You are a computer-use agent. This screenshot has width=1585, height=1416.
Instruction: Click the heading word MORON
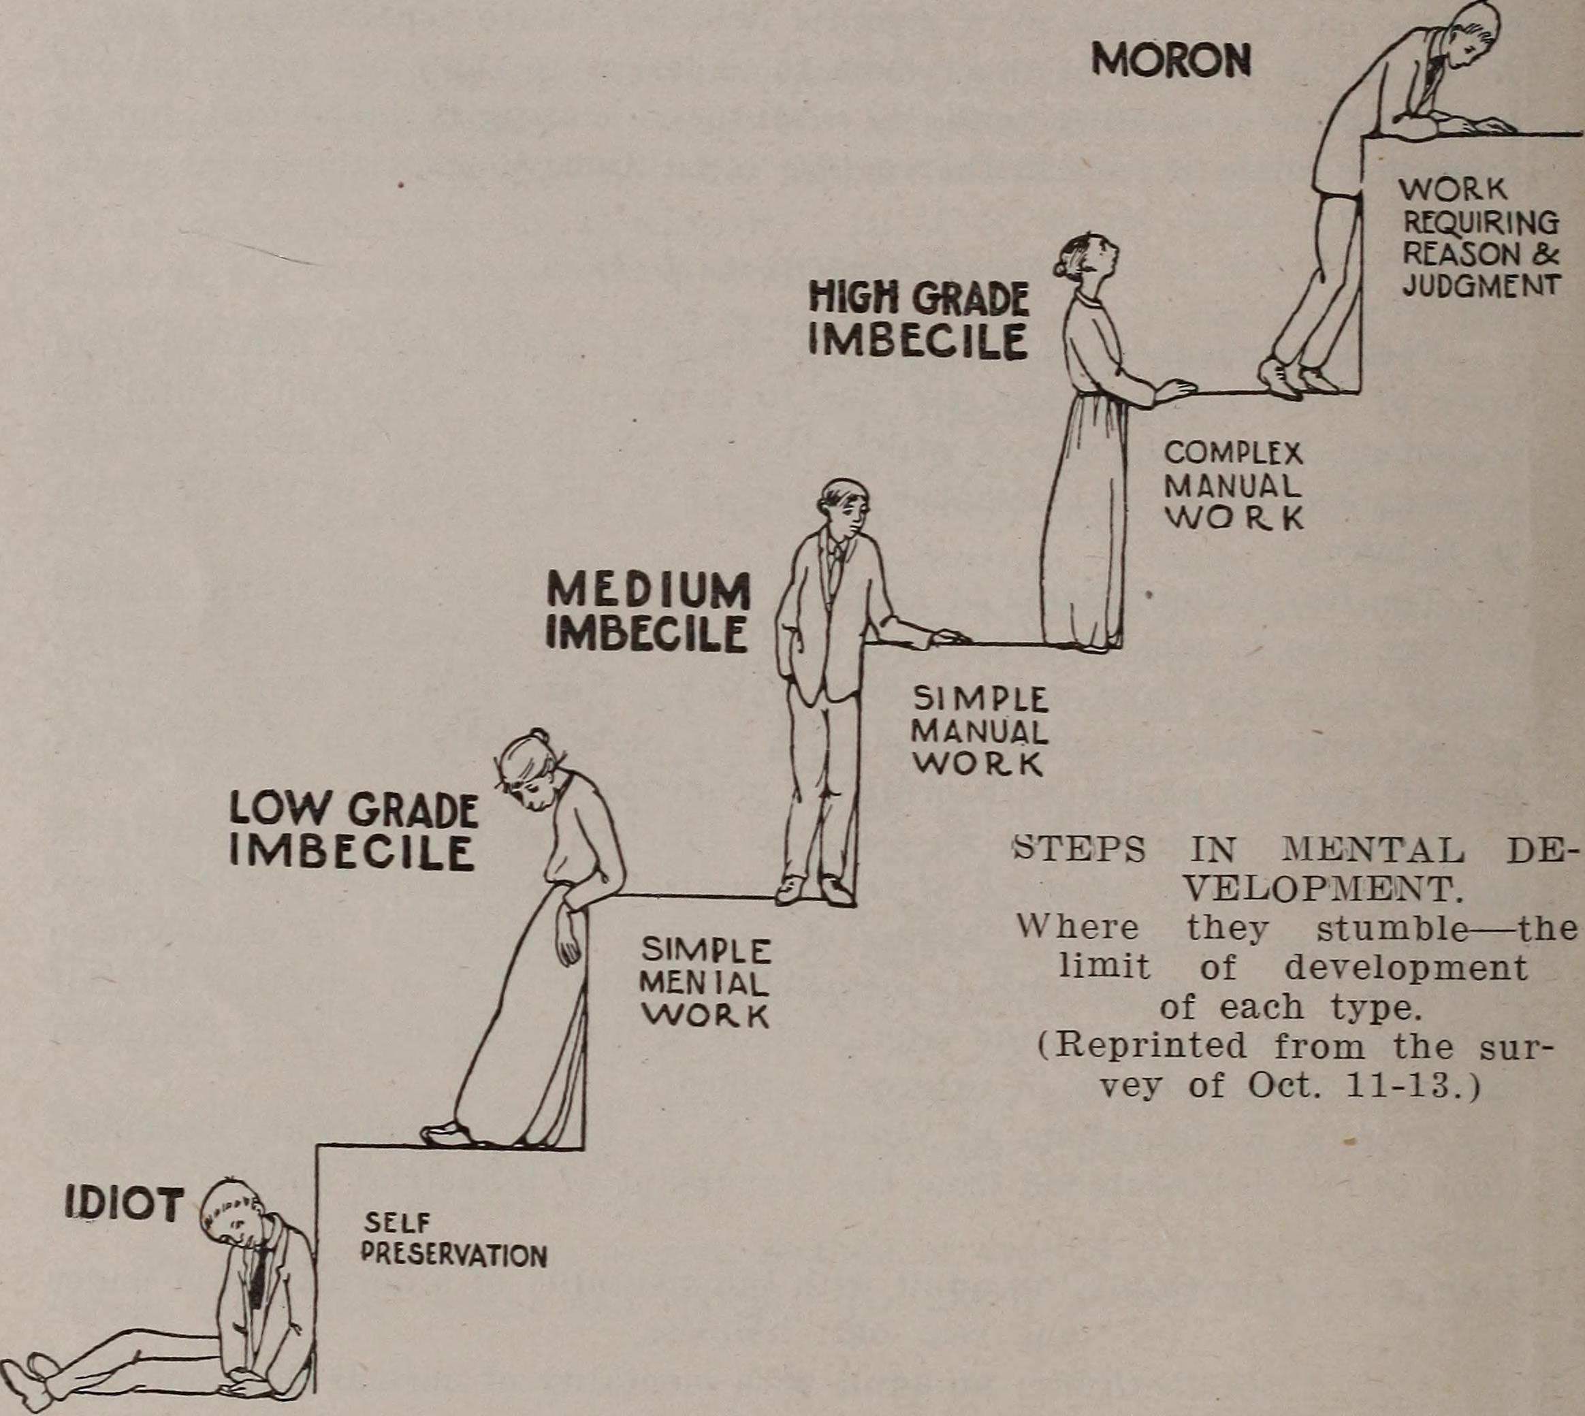point(1170,60)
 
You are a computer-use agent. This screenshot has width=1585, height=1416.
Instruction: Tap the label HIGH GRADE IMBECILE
point(918,320)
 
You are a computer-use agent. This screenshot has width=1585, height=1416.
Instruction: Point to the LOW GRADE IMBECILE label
point(353,831)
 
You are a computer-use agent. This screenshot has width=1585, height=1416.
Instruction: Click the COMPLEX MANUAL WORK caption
point(1232,486)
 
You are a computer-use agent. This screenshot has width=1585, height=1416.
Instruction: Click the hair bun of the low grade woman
point(539,737)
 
